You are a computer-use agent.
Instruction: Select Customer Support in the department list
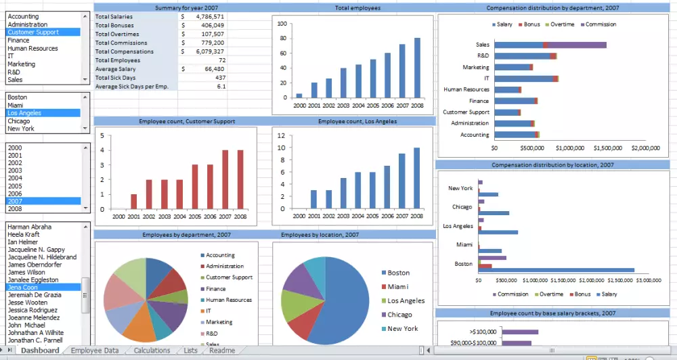pyautogui.click(x=33, y=32)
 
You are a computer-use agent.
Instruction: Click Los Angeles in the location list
pyautogui.click(x=26, y=113)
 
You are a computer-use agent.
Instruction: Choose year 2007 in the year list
pyautogui.click(x=15, y=201)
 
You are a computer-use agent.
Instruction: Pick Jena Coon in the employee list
pyautogui.click(x=23, y=287)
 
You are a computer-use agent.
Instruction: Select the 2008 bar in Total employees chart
pyautogui.click(x=417, y=68)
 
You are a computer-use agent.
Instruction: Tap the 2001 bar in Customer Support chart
pyautogui.click(x=133, y=202)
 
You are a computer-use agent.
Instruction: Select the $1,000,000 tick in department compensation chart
pyautogui.click(x=569, y=148)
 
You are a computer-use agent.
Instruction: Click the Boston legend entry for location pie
pyautogui.click(x=398, y=273)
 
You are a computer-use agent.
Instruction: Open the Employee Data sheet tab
pyautogui.click(x=95, y=351)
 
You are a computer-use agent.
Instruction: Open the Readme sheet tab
pyautogui.click(x=222, y=351)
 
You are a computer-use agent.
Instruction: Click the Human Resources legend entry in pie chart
pyautogui.click(x=229, y=300)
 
